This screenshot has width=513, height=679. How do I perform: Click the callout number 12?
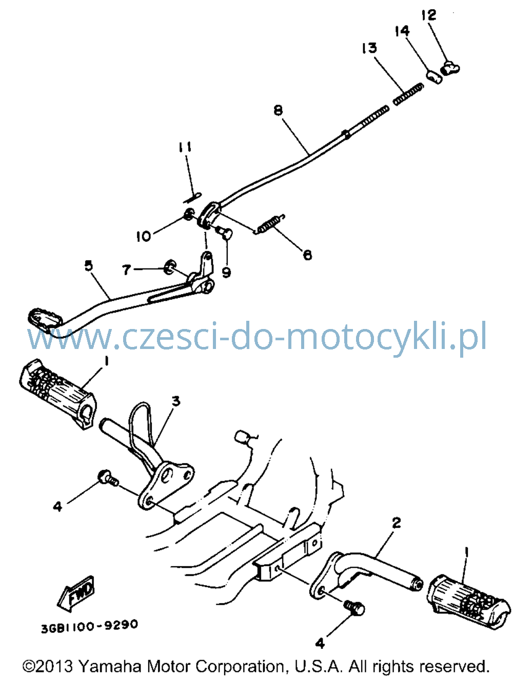429,15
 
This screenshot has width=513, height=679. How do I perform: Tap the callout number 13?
369,48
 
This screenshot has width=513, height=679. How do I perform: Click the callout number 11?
185,147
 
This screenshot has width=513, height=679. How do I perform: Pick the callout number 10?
144,236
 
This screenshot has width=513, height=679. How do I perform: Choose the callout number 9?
227,272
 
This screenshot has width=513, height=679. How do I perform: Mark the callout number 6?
307,255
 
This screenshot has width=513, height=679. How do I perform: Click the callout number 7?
126,270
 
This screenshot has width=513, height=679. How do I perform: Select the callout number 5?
89,265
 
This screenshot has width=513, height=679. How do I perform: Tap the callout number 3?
176,402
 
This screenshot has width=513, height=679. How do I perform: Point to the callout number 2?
396,523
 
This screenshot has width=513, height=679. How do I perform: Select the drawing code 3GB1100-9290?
89,626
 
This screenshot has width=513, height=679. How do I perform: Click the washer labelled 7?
170,266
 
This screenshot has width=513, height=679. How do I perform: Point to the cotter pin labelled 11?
192,198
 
